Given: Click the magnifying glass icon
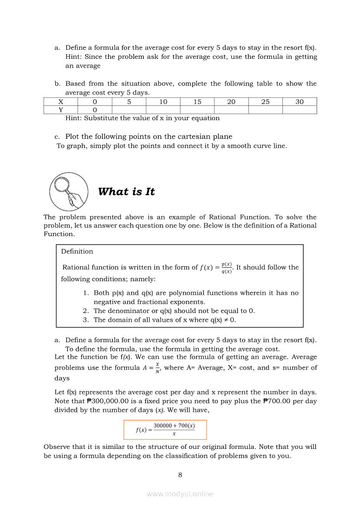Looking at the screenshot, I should [x=68, y=192].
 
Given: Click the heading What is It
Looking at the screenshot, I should [x=126, y=192].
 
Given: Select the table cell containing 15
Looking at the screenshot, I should [x=197, y=102].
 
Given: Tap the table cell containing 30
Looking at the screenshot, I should [x=299, y=102].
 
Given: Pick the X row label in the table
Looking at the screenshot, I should [x=61, y=102].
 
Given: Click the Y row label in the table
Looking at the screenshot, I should [x=61, y=110].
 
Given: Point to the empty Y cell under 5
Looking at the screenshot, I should [x=129, y=110].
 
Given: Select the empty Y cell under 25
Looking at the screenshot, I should [x=265, y=110].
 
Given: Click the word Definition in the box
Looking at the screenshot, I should [x=77, y=251].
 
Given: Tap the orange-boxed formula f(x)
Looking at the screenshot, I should [x=165, y=430].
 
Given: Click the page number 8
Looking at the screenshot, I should [x=180, y=475].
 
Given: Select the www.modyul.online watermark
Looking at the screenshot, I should [x=180, y=494].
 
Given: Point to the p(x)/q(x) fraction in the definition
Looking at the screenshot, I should [x=226, y=268].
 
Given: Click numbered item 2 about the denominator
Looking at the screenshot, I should [x=174, y=310].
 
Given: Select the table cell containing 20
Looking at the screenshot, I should [x=231, y=102].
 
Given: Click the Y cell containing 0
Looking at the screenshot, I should [x=95, y=110].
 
